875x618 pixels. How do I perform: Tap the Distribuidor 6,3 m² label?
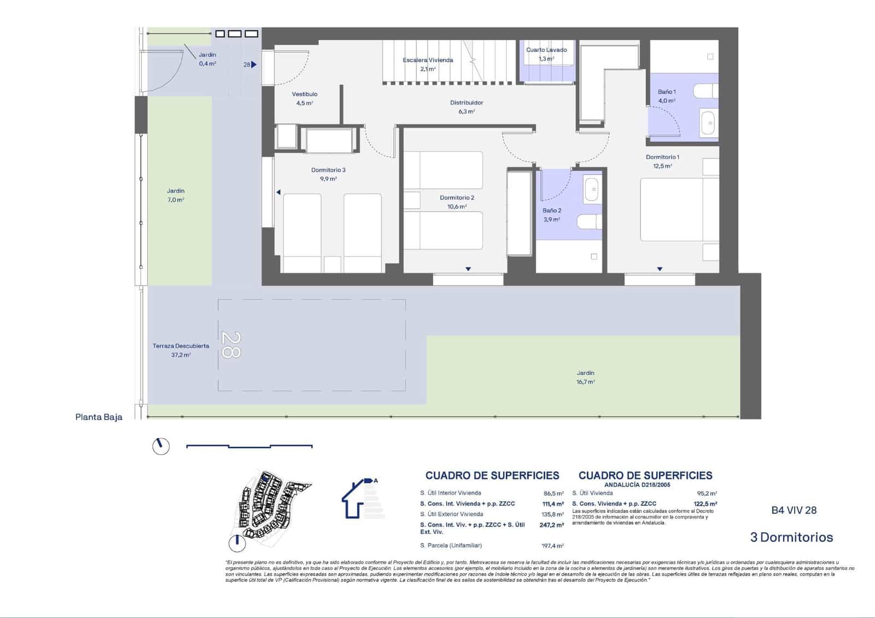coord(466,107)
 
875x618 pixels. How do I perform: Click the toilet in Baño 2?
coord(590,222)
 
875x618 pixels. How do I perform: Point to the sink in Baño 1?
coord(709,123)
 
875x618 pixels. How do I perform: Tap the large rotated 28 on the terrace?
coord(231,345)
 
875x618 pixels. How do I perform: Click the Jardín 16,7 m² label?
coord(585,377)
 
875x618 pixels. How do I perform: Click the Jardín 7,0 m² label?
coord(176,195)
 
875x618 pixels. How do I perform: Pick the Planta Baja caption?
coord(99,417)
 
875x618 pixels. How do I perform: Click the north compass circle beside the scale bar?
coord(161,446)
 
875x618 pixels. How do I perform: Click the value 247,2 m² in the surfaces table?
coord(551,524)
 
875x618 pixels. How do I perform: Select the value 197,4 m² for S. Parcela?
coord(552,545)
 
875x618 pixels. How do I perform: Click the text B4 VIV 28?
coord(794,510)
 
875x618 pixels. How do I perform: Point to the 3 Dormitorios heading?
coord(791,537)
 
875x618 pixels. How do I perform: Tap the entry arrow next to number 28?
coord(254,65)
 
